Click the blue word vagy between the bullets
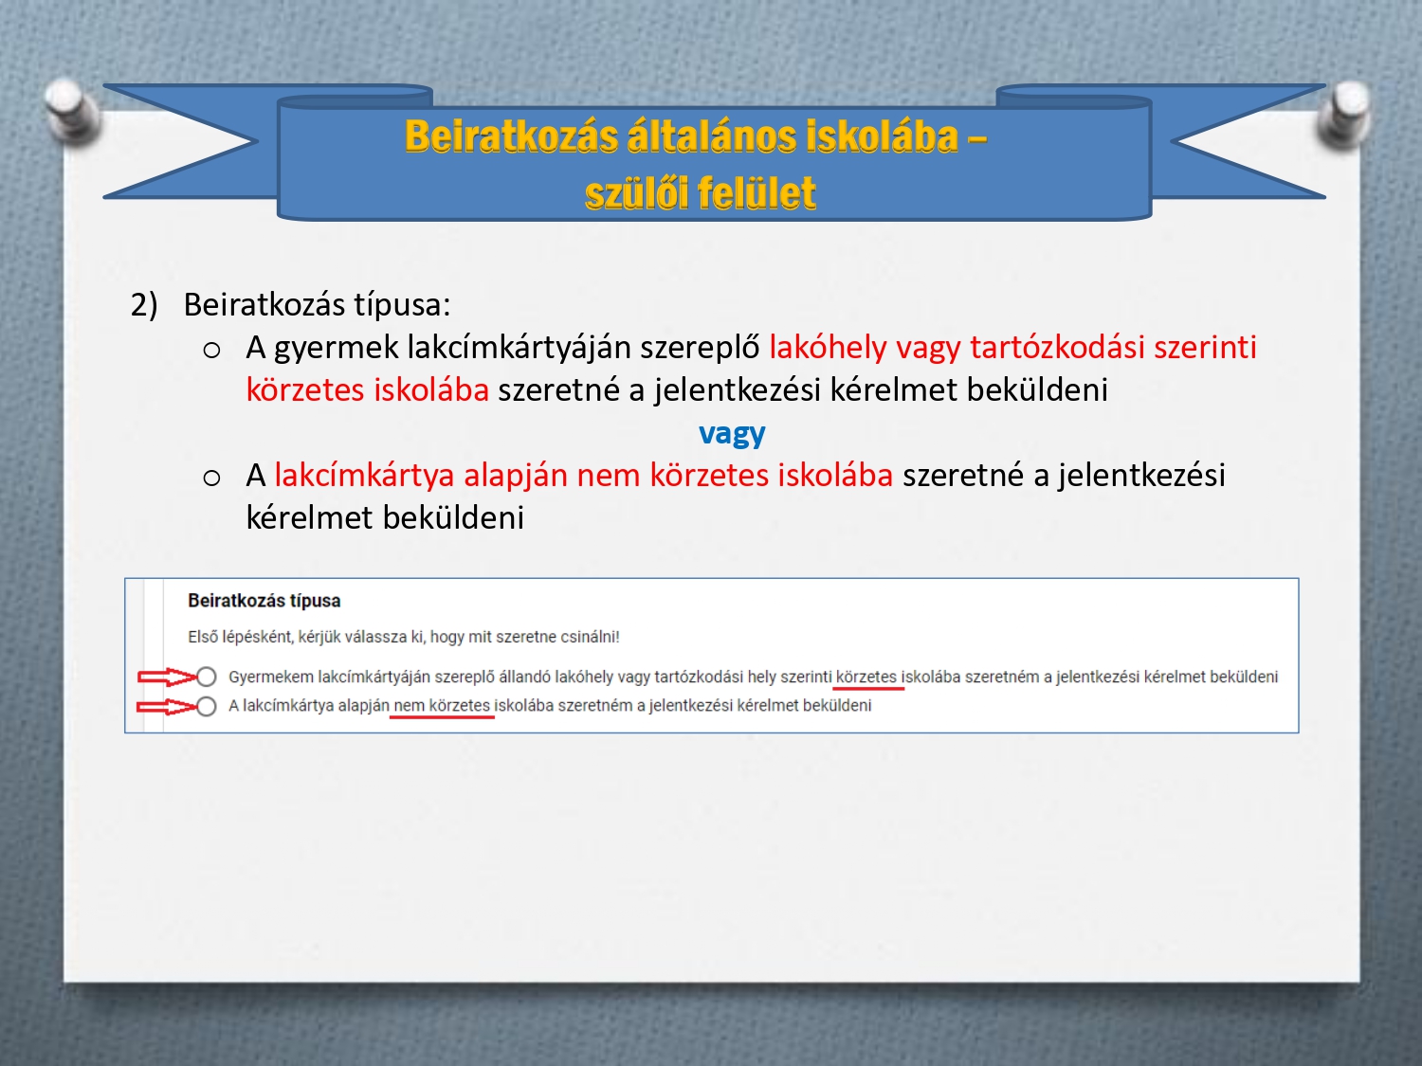[x=732, y=434]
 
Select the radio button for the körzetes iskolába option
[x=206, y=677]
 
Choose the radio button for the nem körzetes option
[x=206, y=706]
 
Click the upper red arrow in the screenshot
[x=167, y=677]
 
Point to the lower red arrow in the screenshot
[x=167, y=707]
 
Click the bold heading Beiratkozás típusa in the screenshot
[x=264, y=602]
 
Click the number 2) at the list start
[x=144, y=305]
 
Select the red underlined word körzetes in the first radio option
[x=866, y=677]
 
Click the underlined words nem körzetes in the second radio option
[x=442, y=706]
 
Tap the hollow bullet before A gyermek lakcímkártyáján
[x=211, y=351]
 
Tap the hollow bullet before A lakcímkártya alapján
[x=211, y=479]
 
